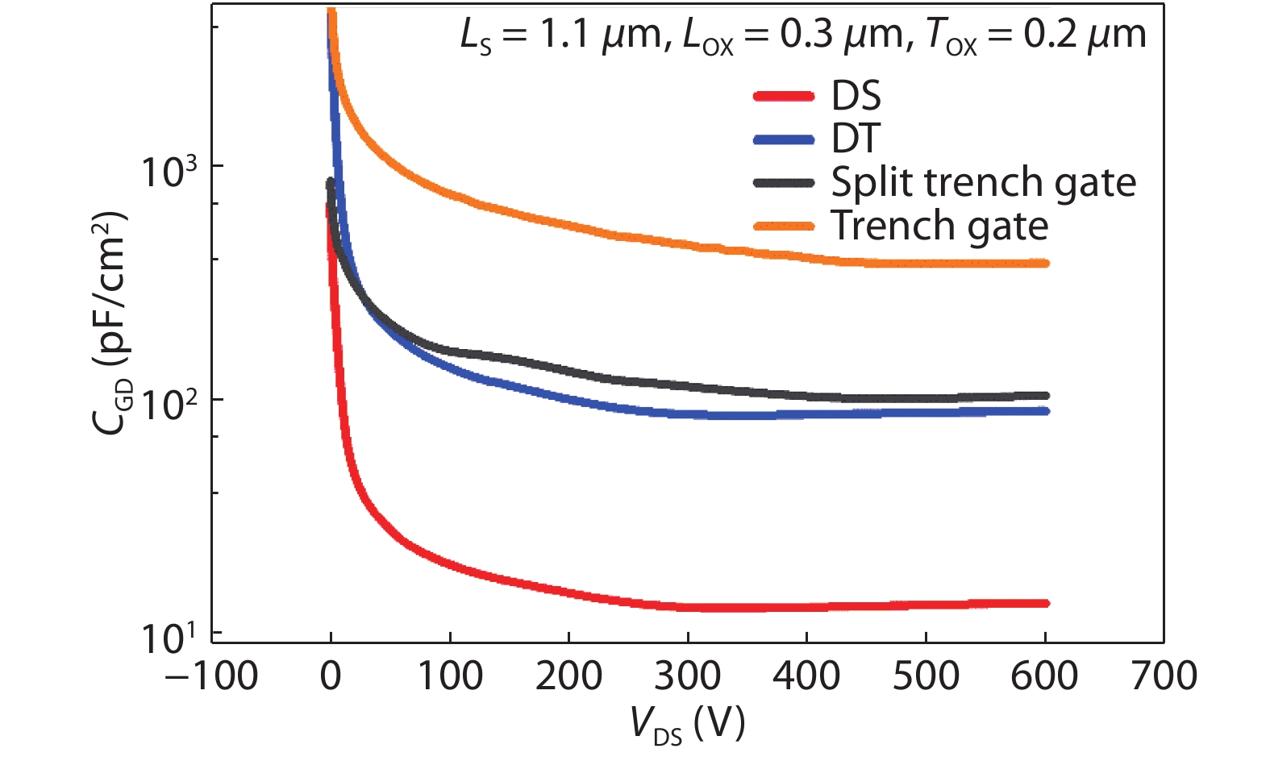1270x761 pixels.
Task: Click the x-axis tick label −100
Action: pyautogui.click(x=211, y=676)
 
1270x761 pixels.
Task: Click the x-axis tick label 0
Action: pyautogui.click(x=331, y=676)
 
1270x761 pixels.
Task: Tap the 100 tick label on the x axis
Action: pyautogui.click(x=449, y=676)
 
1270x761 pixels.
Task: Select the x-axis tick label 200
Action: pyautogui.click(x=568, y=676)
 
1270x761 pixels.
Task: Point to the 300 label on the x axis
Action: pyautogui.click(x=687, y=676)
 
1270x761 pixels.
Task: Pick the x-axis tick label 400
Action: pyautogui.click(x=806, y=676)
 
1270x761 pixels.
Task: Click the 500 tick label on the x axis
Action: pyautogui.click(x=926, y=676)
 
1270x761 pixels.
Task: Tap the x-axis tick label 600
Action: pyautogui.click(x=1044, y=676)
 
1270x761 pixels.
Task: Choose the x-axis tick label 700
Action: pyautogui.click(x=1164, y=676)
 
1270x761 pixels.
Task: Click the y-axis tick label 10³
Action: pyautogui.click(x=169, y=169)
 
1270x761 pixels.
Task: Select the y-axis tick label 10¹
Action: pyautogui.click(x=169, y=637)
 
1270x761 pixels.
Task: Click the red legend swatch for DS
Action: pyautogui.click(x=784, y=97)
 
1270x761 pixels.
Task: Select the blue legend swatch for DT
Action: pyautogui.click(x=784, y=140)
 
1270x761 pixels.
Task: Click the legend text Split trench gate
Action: pyautogui.click(x=983, y=183)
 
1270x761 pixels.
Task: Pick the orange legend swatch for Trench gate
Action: pyautogui.click(x=784, y=227)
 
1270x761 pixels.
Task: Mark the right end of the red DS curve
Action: pyautogui.click(x=1046, y=603)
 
